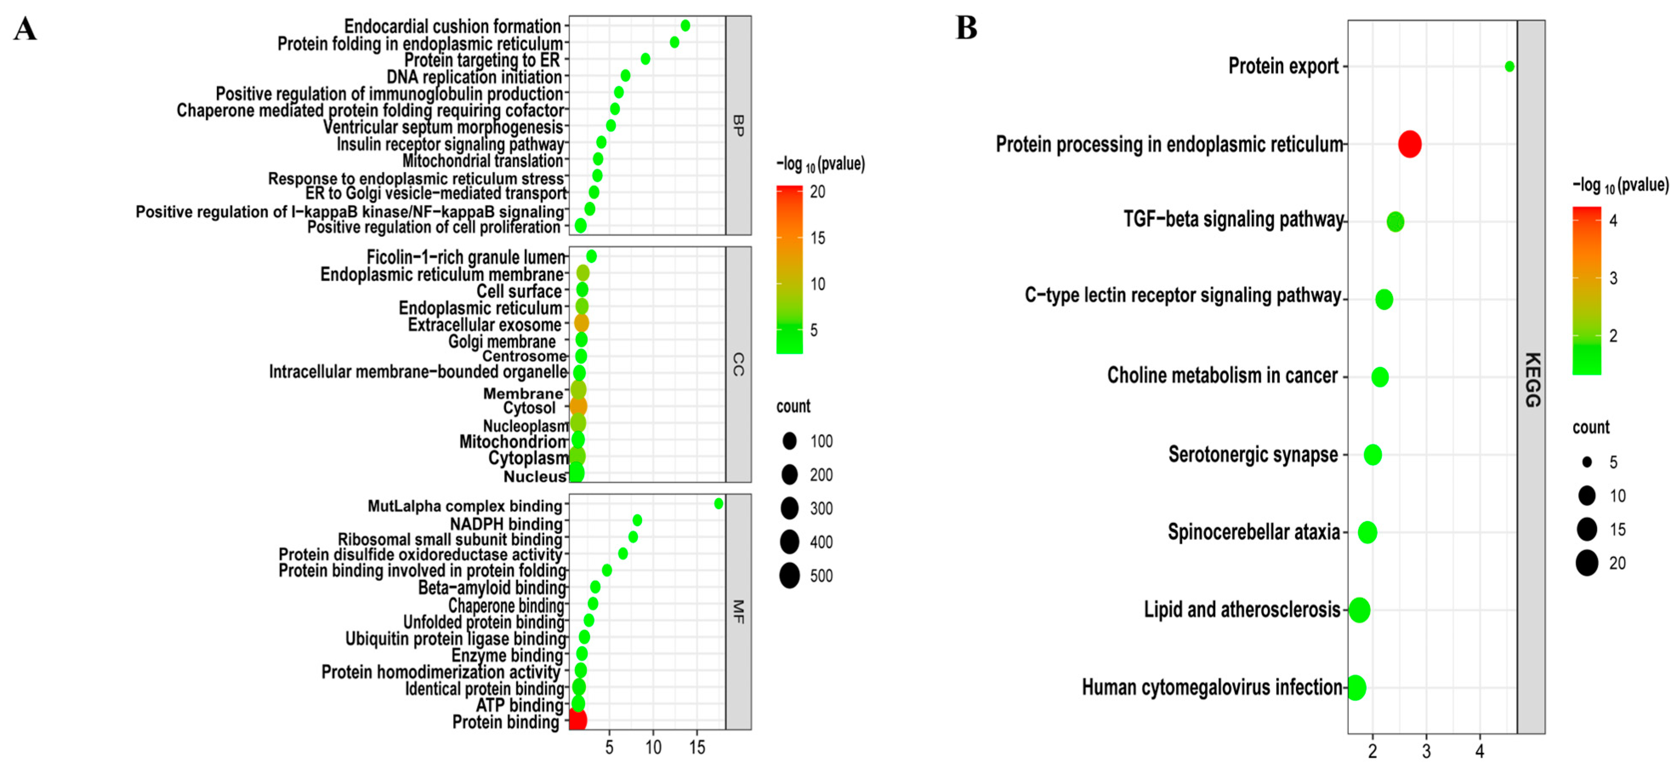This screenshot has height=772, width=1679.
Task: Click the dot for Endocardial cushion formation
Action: coord(685,26)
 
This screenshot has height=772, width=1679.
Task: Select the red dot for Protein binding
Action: coord(578,720)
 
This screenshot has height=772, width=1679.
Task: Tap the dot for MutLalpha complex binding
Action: coord(718,503)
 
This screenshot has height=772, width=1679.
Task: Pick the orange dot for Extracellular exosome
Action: coord(581,323)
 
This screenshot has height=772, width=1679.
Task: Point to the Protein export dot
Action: coord(1509,66)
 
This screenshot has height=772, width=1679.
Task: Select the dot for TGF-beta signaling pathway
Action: coord(1395,221)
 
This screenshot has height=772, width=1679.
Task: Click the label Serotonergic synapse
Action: coord(1253,454)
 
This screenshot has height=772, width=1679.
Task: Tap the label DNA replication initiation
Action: coord(474,77)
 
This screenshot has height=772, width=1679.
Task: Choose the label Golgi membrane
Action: coord(502,342)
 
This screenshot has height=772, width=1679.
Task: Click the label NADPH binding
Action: coord(506,524)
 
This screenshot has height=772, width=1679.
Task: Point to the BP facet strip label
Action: coord(738,125)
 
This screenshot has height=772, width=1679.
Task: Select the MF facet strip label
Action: coord(738,612)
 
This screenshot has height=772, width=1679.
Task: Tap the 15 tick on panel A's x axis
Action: coord(697,747)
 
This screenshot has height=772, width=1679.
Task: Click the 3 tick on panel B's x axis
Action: coord(1426,752)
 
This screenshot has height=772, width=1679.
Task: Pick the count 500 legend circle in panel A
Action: coord(789,576)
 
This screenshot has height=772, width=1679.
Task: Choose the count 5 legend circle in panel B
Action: coord(1587,462)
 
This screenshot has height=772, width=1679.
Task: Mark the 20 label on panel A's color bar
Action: coord(817,192)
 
